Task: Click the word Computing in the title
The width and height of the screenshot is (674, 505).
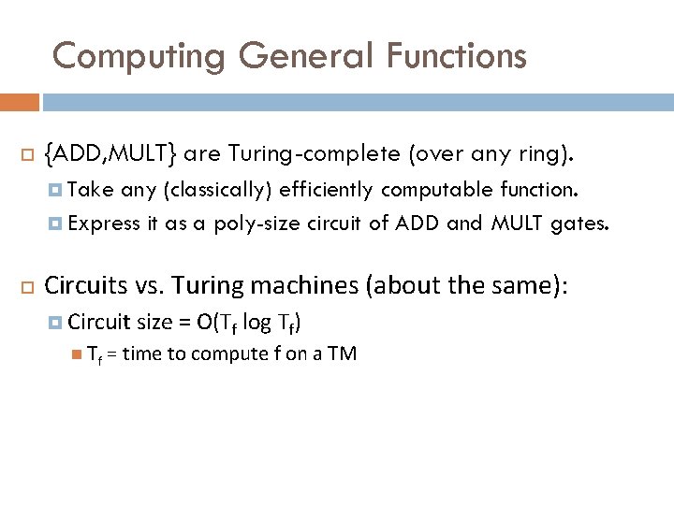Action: coord(139,57)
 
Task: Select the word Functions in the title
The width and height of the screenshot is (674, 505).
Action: coord(456,57)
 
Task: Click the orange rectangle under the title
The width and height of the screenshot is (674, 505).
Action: coord(19,102)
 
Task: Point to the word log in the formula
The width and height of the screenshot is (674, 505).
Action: coord(256,323)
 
